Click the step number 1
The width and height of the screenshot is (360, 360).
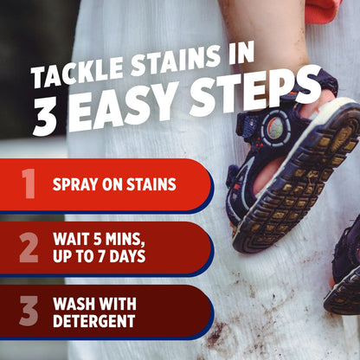(28, 184)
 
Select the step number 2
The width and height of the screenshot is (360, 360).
(29, 247)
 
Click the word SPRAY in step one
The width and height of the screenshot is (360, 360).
(74, 184)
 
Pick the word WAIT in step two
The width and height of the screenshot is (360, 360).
(71, 238)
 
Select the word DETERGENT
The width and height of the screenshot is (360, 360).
(93, 321)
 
